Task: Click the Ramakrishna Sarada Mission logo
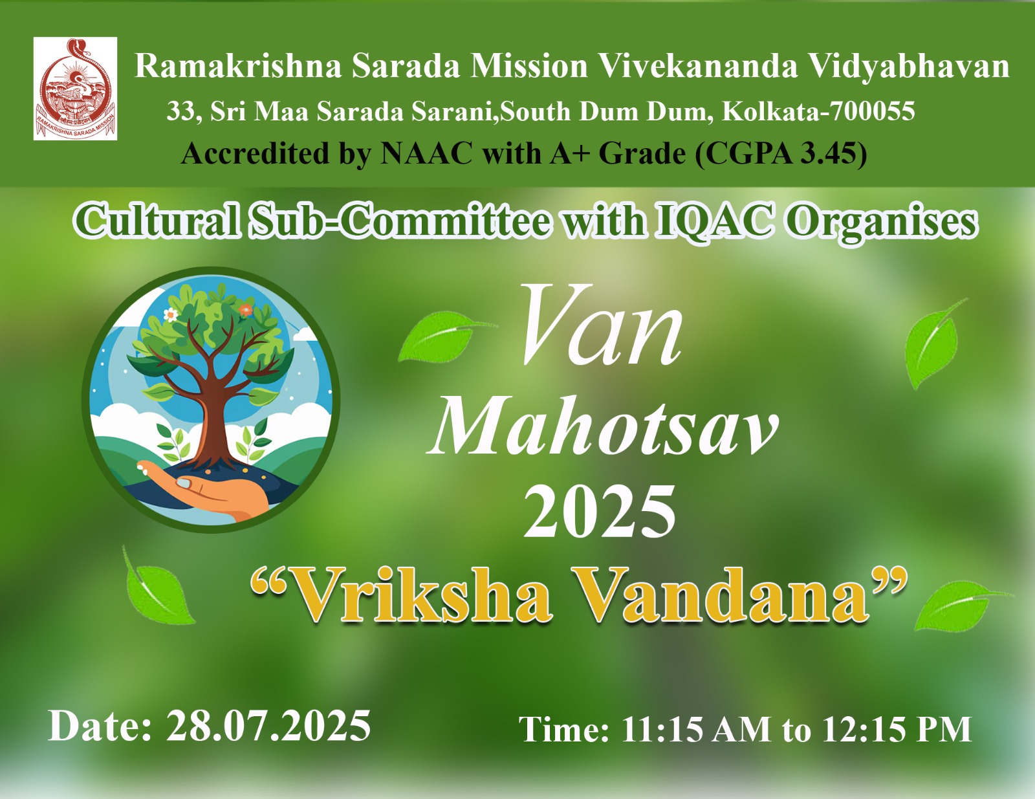tap(75, 89)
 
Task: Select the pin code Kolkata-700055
tap(818, 111)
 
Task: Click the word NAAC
tap(426, 153)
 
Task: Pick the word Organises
tap(880, 223)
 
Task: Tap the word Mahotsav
tap(602, 427)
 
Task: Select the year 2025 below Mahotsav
tap(600, 511)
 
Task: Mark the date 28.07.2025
tap(268, 725)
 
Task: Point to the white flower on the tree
tap(170, 314)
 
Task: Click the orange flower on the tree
tap(245, 310)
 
